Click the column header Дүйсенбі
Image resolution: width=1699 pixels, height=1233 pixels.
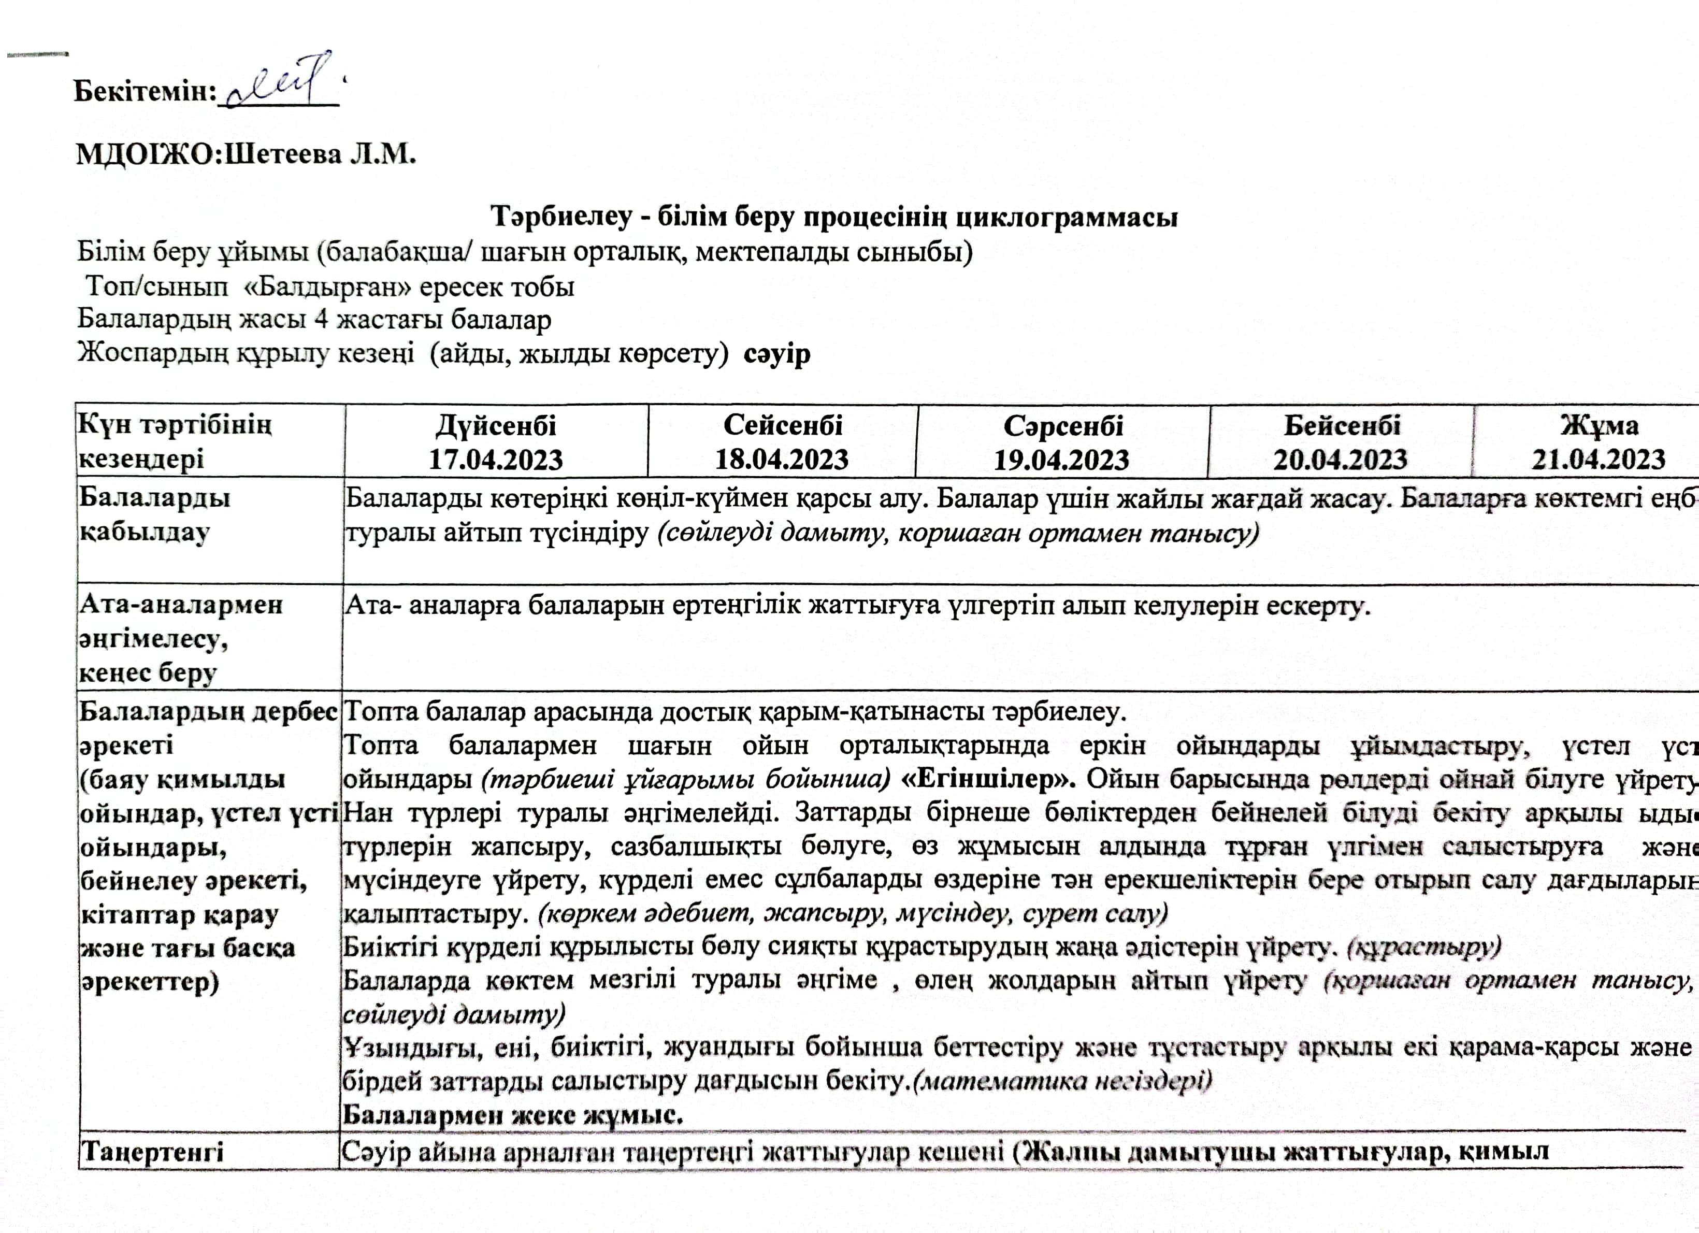coord(496,425)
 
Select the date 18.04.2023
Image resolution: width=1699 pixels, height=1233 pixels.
coord(782,458)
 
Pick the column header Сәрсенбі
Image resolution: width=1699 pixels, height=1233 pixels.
coord(1062,425)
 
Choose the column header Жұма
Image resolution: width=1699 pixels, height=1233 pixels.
coord(1599,425)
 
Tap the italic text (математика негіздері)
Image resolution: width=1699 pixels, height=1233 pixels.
coord(1062,1081)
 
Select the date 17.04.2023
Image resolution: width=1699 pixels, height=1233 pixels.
coord(496,458)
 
